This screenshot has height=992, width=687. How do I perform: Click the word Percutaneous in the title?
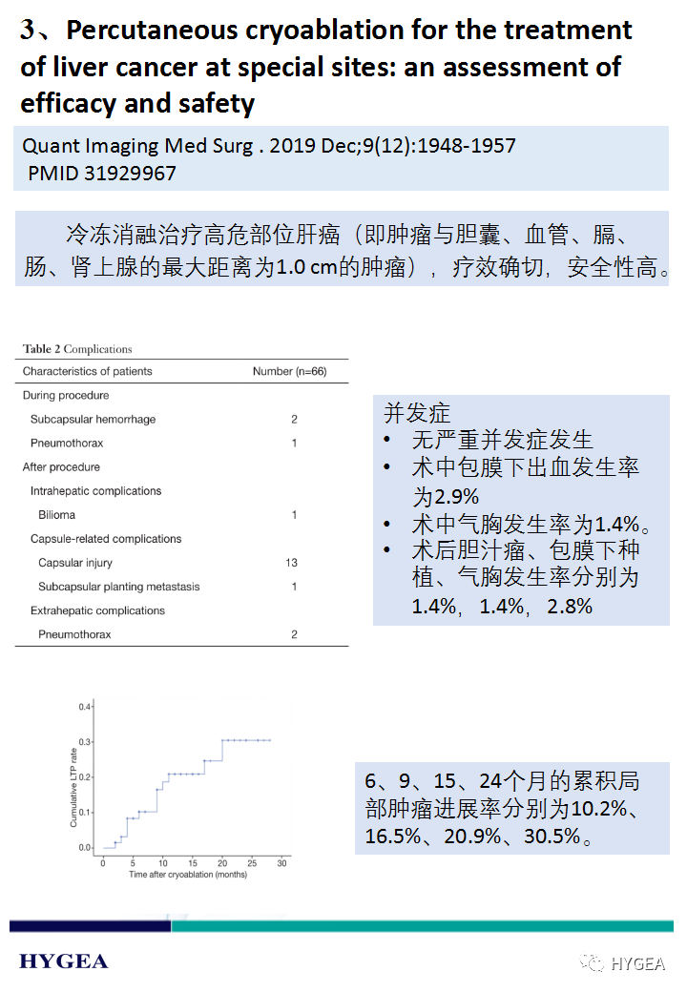(x=153, y=31)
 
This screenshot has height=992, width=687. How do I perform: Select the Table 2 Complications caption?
(x=77, y=349)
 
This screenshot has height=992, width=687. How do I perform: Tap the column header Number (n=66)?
(x=289, y=371)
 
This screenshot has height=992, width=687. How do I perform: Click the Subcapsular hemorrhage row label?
(x=93, y=420)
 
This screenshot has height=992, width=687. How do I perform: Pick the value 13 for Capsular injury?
(x=292, y=563)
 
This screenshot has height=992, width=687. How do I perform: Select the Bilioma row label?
(x=57, y=515)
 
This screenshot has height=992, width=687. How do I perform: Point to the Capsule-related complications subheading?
(x=106, y=539)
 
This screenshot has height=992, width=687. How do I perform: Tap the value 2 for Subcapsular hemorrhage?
(x=294, y=420)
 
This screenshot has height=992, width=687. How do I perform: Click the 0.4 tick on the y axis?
(x=84, y=707)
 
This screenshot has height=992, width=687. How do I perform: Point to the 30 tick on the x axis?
(x=281, y=863)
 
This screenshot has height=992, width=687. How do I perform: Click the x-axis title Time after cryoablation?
(x=188, y=875)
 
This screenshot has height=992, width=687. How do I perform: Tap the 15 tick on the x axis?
(x=193, y=863)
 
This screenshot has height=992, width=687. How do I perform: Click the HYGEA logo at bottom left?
(x=64, y=961)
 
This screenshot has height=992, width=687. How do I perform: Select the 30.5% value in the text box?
(x=551, y=837)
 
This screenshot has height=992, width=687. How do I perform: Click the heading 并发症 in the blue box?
(x=417, y=413)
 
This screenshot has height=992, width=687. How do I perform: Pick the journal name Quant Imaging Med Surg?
(x=136, y=146)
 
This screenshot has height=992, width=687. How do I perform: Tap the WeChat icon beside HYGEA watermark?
(x=593, y=963)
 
